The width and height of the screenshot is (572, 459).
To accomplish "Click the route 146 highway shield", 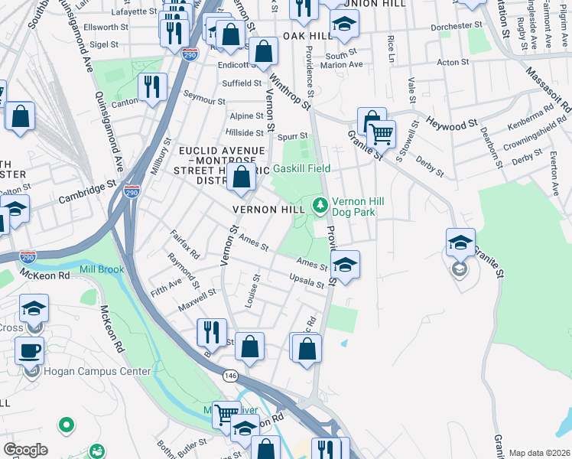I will coord(229,376).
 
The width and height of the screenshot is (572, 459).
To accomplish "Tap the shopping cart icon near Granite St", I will coord(380,135).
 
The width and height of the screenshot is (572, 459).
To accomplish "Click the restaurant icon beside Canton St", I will coord(152,88).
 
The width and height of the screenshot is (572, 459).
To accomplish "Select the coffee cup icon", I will coord(29,350).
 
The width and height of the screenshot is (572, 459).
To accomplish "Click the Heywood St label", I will coord(451,122).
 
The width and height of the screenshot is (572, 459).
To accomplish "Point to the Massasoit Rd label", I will coord(549,88).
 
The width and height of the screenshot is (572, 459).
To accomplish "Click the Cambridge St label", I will coord(86,192).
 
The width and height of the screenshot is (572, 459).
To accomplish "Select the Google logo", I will coord(24,450).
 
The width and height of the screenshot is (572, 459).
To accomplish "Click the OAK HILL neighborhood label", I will coord(307,36).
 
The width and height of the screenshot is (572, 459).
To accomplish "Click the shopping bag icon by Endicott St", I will coord(263,52).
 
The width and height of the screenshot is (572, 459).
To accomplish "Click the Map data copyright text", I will coord(539,453).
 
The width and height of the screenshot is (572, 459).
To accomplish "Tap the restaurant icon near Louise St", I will coord(211,332).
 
